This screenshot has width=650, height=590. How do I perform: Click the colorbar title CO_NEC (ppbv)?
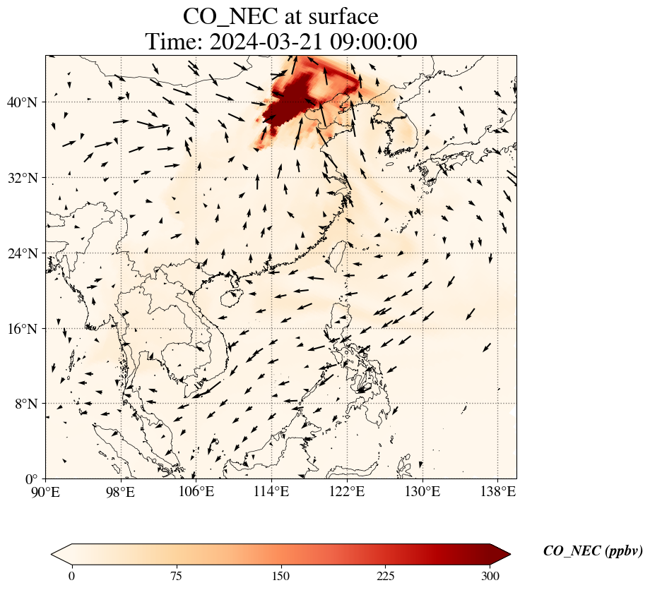click(x=593, y=551)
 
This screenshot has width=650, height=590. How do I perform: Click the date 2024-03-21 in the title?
click(x=269, y=42)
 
